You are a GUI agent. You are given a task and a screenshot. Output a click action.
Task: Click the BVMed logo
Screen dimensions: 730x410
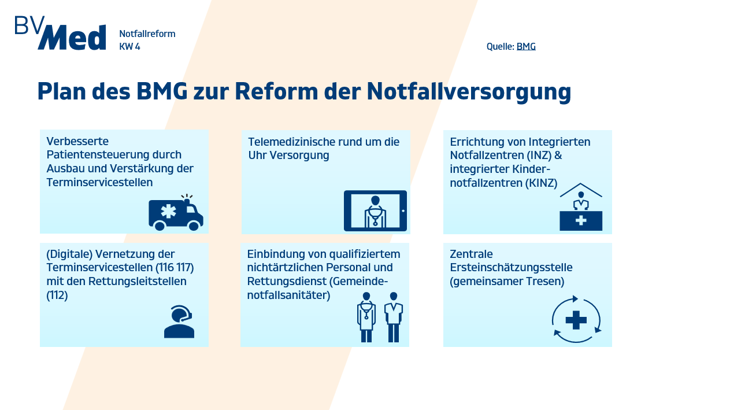(60, 33)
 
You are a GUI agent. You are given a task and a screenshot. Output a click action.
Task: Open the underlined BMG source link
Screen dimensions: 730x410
(526, 47)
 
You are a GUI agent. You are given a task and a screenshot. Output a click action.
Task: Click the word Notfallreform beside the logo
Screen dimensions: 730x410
(147, 34)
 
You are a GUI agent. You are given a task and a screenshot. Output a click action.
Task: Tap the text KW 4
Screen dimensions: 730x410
(129, 47)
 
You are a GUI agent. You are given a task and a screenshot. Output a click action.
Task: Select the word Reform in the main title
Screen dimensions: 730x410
(276, 91)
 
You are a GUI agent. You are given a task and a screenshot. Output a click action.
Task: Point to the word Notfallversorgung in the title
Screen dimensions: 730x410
(469, 92)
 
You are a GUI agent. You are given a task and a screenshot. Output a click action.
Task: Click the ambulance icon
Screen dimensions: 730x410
(176, 212)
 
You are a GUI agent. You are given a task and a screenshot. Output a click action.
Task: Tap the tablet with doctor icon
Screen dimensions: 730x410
(376, 210)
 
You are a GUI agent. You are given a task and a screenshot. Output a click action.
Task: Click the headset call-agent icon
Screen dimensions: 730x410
(179, 322)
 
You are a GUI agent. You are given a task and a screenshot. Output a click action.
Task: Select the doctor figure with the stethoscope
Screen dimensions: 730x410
(366, 317)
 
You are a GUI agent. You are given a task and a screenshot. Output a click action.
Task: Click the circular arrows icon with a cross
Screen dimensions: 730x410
(576, 319)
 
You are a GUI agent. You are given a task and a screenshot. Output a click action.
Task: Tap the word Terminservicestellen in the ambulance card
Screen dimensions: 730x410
(99, 182)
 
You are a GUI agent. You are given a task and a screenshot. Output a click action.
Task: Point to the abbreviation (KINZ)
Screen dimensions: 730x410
(541, 183)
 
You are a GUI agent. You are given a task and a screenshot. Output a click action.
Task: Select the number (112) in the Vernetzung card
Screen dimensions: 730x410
(57, 295)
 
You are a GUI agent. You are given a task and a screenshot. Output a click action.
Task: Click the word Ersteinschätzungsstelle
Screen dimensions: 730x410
(511, 268)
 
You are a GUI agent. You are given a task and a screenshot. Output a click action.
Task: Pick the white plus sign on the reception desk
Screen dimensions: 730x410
(581, 221)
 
